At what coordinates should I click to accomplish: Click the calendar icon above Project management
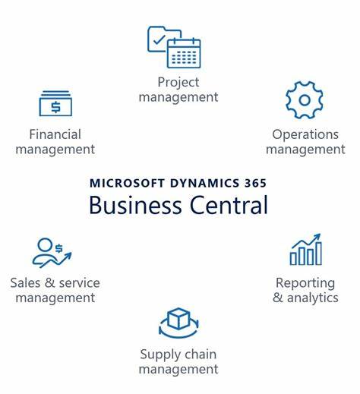click(x=184, y=53)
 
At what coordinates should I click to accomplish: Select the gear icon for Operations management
click(x=305, y=100)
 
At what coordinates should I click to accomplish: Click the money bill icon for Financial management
click(x=55, y=103)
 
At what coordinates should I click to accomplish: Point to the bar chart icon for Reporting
click(x=306, y=250)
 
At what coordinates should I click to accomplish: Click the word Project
click(x=178, y=83)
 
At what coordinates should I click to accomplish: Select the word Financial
click(x=55, y=134)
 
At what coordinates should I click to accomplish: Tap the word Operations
click(x=305, y=135)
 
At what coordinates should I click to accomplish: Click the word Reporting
click(x=305, y=283)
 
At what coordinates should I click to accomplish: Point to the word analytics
click(x=313, y=298)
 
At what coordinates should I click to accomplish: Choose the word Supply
click(x=156, y=355)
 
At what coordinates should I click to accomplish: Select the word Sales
click(x=25, y=283)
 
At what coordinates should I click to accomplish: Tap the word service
click(x=80, y=283)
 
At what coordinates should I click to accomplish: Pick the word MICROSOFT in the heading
click(x=128, y=183)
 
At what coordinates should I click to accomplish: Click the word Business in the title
click(x=135, y=205)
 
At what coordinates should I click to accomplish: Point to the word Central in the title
click(x=229, y=205)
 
